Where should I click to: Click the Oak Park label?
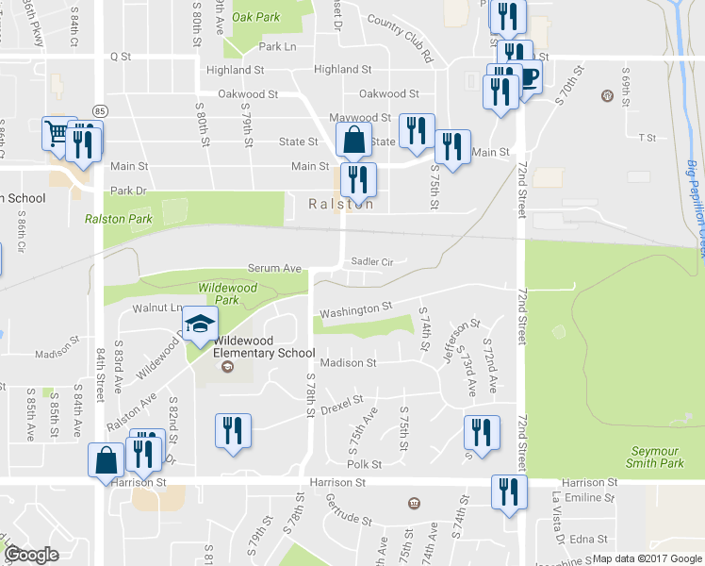point(256,17)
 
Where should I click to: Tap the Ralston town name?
point(341,204)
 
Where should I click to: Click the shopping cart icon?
point(57,133)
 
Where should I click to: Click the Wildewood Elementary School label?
point(264,346)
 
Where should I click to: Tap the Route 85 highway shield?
point(100,110)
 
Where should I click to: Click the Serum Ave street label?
point(274,269)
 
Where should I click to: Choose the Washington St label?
point(355,309)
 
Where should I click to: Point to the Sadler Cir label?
point(370,261)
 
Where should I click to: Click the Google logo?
point(31,555)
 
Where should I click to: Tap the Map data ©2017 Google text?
point(647,558)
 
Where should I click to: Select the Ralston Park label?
point(119,219)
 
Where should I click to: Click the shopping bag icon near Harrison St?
point(107,460)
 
